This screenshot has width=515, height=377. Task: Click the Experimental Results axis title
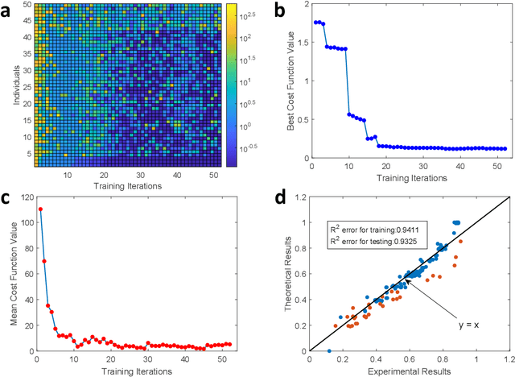pos(409,371)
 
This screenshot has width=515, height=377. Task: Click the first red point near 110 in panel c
pos(40,209)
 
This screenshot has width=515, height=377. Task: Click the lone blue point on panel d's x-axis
pos(328,350)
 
